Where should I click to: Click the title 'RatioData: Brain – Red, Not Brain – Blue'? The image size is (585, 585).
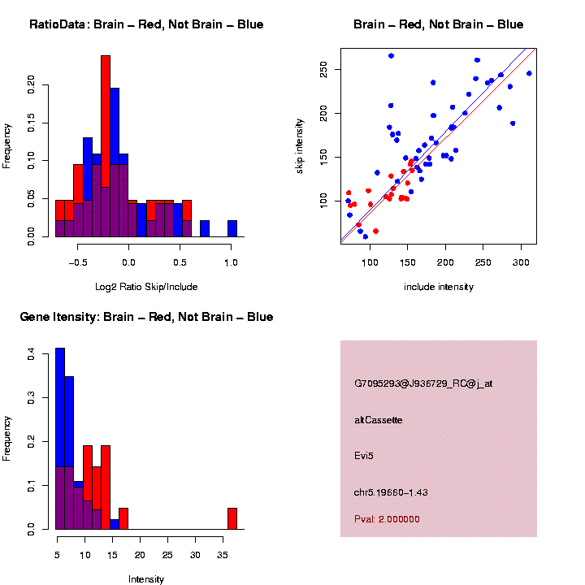click(x=146, y=24)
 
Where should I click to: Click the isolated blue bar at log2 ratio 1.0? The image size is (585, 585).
click(x=232, y=228)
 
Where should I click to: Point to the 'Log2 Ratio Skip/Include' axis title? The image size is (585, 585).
click(x=146, y=286)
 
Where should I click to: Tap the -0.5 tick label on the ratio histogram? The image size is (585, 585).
click(x=77, y=263)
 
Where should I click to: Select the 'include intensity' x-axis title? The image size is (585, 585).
click(x=439, y=287)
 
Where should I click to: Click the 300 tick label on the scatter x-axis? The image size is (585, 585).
click(x=521, y=263)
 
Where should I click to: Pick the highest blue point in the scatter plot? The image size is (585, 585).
click(x=391, y=55)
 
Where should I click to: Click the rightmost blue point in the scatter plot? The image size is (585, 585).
click(x=529, y=73)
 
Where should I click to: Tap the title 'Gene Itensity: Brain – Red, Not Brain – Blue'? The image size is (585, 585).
click(x=146, y=317)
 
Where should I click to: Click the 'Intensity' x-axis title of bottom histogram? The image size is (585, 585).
click(x=146, y=579)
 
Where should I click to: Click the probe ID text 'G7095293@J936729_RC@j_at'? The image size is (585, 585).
click(x=422, y=383)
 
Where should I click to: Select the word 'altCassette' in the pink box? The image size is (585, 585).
click(x=379, y=420)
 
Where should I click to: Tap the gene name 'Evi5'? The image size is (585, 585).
click(x=363, y=455)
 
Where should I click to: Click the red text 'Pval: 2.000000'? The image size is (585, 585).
click(x=387, y=518)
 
